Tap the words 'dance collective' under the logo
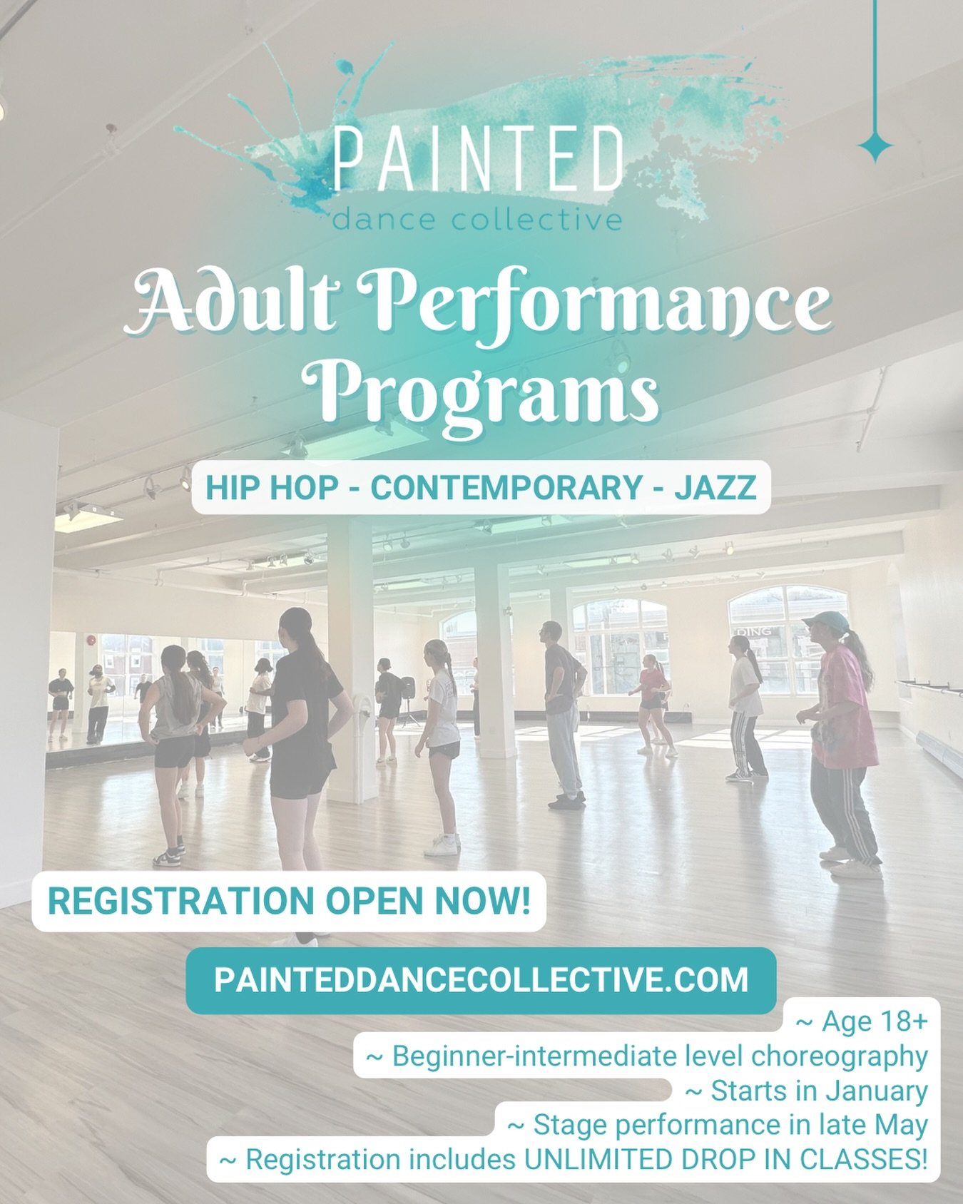[x=477, y=219]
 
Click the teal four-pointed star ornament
[x=875, y=146]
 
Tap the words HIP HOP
[x=272, y=488]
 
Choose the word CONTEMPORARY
[x=506, y=488]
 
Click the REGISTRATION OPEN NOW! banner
[x=289, y=901]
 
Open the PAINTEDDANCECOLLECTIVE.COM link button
[x=481, y=980]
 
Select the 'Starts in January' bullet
[x=806, y=1091]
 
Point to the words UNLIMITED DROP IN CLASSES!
[x=726, y=1159]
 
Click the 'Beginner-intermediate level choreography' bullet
[x=646, y=1056]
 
